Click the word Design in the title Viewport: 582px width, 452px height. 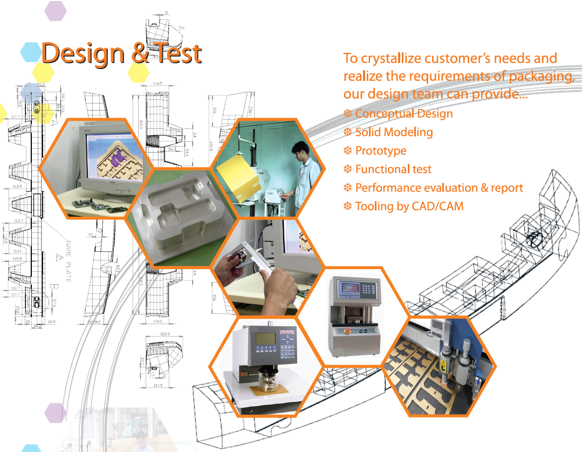tap(82, 53)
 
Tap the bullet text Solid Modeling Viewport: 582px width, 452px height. tap(394, 132)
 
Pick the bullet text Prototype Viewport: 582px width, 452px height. tap(381, 151)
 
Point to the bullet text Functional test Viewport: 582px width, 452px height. tap(393, 169)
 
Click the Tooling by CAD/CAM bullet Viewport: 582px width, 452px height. tap(409, 206)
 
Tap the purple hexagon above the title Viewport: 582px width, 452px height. tap(55, 10)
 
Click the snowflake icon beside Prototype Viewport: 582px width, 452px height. tap(348, 151)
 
